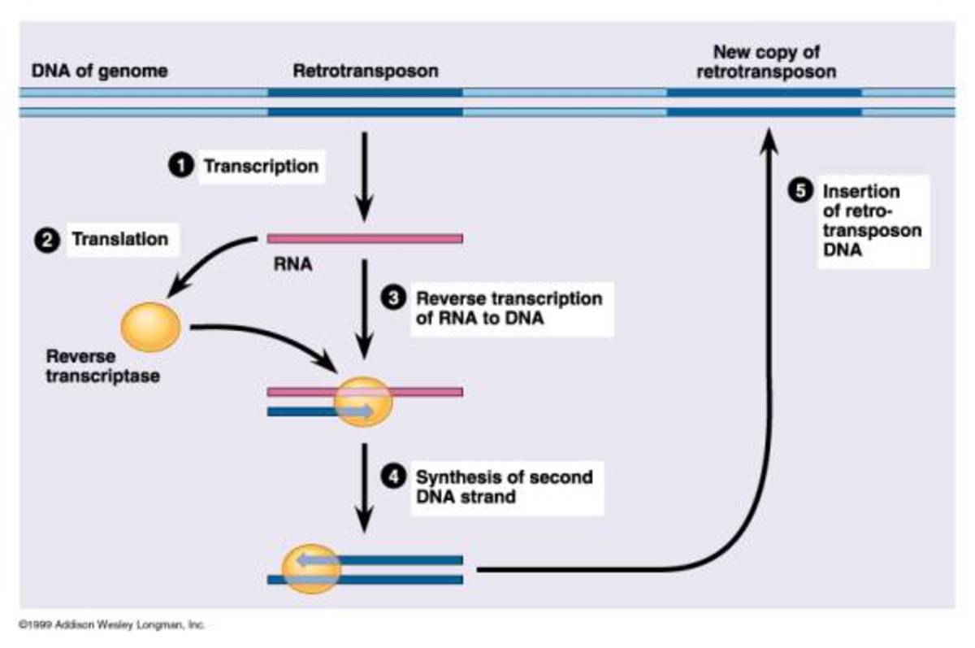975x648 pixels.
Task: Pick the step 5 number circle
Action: click(800, 191)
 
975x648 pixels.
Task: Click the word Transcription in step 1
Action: click(260, 166)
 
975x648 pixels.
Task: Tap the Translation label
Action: click(120, 240)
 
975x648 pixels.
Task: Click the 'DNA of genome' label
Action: click(99, 71)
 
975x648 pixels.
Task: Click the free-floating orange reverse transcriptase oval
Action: click(150, 325)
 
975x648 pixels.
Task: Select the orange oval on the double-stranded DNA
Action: click(310, 569)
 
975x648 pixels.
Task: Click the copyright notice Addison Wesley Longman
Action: click(111, 625)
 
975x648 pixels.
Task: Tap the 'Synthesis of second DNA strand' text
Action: click(504, 485)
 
